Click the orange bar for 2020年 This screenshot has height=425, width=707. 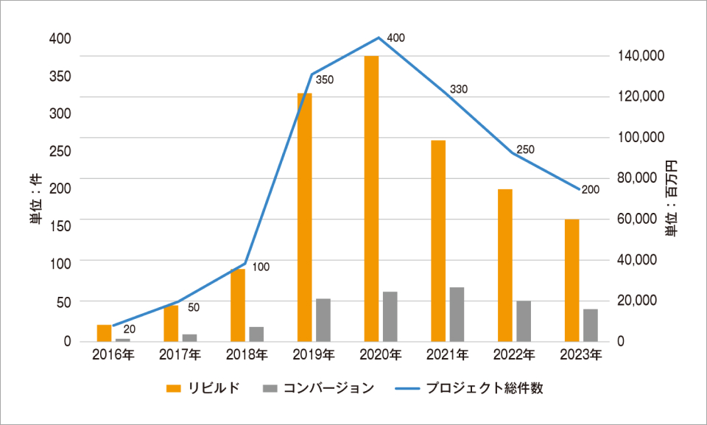pos(371,198)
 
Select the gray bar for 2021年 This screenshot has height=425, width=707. pos(457,314)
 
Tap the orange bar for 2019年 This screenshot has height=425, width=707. pos(304,217)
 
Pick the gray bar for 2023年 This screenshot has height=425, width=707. pos(590,325)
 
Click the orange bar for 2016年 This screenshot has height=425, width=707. pos(104,333)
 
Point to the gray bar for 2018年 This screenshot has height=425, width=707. pos(256,334)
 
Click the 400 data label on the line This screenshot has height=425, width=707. pos(395,38)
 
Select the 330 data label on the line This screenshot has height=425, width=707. pos(459,89)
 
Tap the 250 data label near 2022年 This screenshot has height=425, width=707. pos(526,150)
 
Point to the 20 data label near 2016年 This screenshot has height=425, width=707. pos(129,329)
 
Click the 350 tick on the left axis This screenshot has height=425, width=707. pos(60,77)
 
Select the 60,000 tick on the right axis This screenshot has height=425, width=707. pos(638,219)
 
